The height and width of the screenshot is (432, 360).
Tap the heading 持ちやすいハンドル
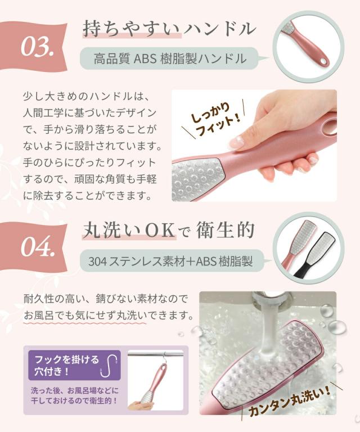169,29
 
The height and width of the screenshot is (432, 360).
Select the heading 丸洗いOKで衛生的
169,230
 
